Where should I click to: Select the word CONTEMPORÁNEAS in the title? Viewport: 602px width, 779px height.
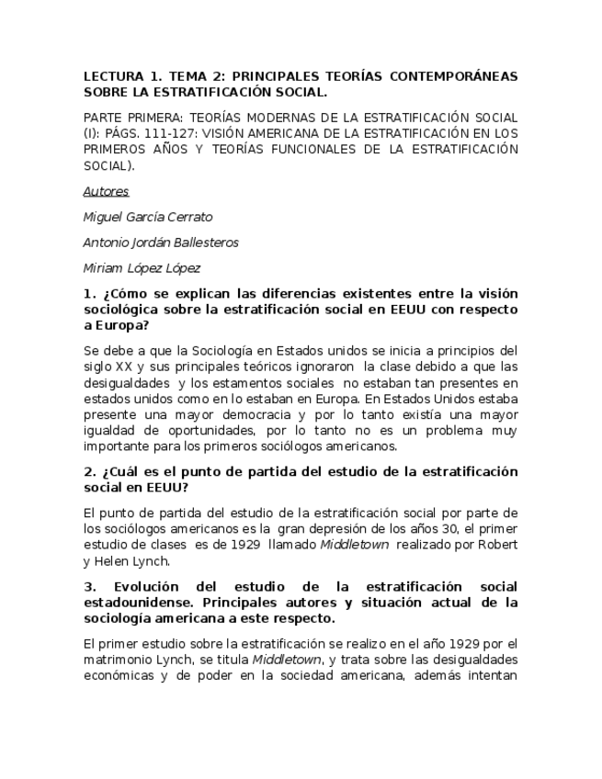tap(454, 76)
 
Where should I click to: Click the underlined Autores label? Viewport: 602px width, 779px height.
tap(106, 191)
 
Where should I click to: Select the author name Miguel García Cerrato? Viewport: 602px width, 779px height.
tap(147, 217)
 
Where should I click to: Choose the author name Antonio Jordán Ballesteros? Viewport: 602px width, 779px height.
tap(160, 243)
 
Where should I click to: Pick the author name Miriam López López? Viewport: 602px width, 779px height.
tap(142, 268)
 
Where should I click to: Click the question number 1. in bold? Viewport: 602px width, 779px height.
tap(89, 294)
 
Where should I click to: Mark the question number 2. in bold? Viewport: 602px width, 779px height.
tap(89, 471)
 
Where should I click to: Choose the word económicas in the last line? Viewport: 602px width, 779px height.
tap(117, 676)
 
